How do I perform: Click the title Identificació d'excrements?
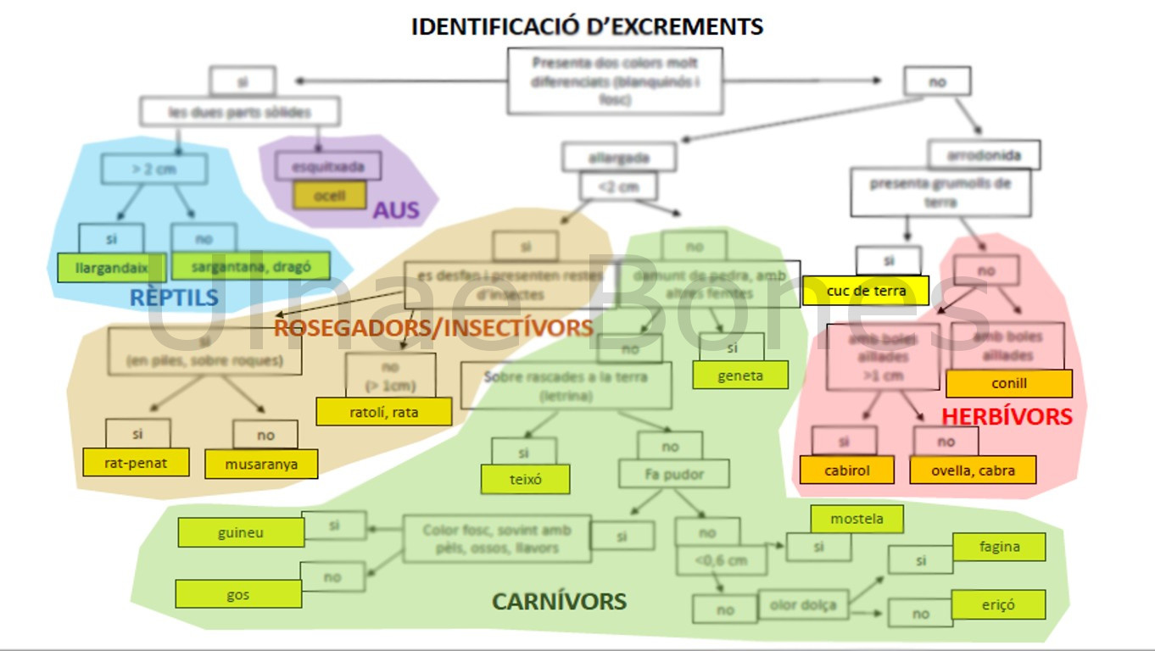click(x=587, y=26)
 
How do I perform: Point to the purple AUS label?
click(x=396, y=210)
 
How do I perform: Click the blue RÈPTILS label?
click(x=174, y=298)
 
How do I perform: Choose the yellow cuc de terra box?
click(x=866, y=291)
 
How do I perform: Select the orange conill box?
click(x=1008, y=383)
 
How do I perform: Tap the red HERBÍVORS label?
click(x=1007, y=416)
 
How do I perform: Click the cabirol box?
click(x=846, y=470)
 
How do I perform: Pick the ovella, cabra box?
click(x=973, y=470)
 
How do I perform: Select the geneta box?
click(x=739, y=376)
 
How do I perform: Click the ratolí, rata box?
click(x=383, y=411)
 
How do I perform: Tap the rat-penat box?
click(x=136, y=462)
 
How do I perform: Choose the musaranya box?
click(x=261, y=465)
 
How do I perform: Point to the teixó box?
click(x=525, y=479)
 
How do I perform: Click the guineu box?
click(x=241, y=533)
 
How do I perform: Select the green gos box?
click(x=238, y=594)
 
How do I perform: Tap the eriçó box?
click(x=998, y=605)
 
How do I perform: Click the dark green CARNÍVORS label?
click(x=559, y=602)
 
